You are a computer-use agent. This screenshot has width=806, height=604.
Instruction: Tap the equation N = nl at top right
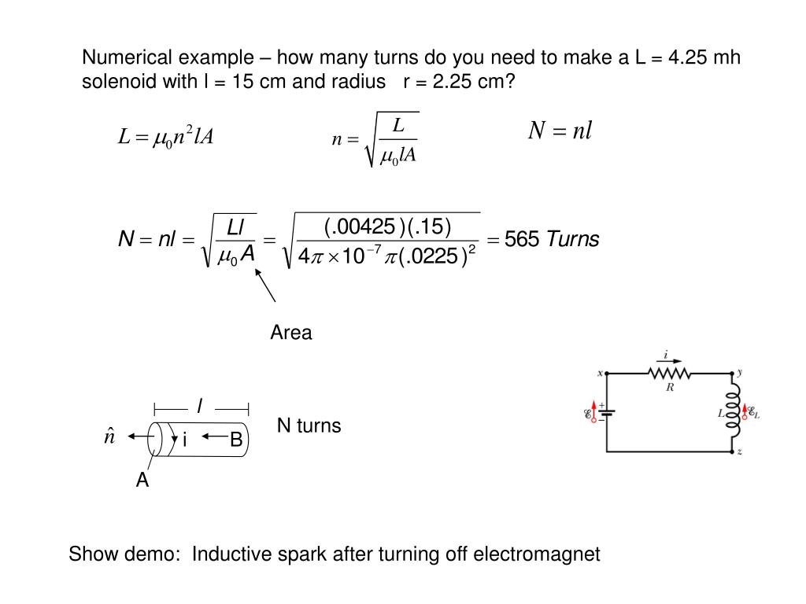pos(559,131)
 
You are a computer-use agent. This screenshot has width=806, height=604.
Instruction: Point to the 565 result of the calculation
pos(521,239)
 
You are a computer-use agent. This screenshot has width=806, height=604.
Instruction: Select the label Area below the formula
pos(291,333)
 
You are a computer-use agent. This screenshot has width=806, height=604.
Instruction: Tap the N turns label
pos(309,426)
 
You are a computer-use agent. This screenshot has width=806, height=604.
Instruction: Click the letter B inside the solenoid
pos(236,441)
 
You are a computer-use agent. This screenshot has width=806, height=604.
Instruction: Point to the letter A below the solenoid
pos(142,481)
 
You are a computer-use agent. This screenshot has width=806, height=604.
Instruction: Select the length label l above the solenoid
pos(200,406)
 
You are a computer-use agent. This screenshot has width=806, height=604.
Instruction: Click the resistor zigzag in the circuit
pos(670,373)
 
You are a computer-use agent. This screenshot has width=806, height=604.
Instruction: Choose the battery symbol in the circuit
pos(607,412)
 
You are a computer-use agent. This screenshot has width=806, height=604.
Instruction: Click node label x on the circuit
pos(600,374)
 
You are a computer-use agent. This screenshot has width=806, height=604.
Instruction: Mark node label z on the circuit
pos(740,452)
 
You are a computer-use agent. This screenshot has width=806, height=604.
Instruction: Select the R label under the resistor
pos(670,387)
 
